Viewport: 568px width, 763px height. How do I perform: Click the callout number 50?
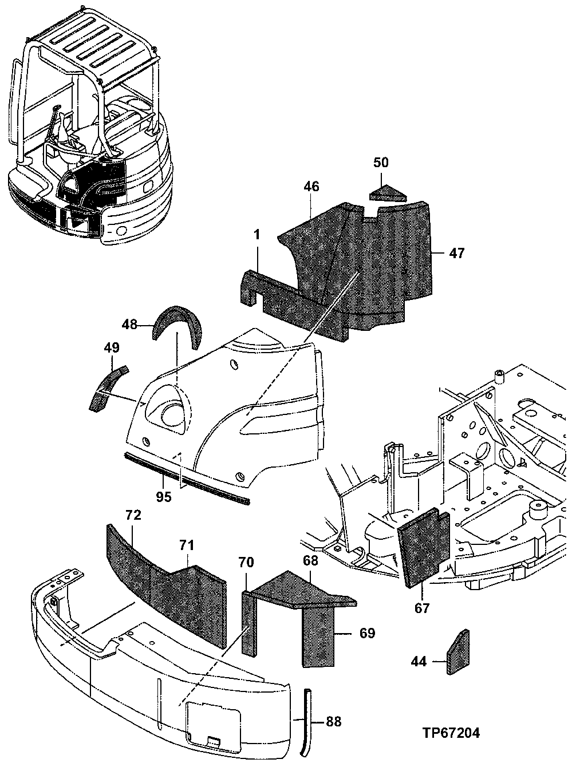click(x=381, y=163)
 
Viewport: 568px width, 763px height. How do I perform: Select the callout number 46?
click(x=312, y=187)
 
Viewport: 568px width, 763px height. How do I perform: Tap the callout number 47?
click(x=457, y=253)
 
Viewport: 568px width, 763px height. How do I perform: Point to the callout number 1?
click(x=257, y=235)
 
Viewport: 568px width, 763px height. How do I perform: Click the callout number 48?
click(x=130, y=325)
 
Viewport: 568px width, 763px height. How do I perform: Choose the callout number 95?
click(x=164, y=497)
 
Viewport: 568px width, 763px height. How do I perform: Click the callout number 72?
click(x=133, y=515)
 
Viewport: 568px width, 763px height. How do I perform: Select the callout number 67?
click(x=422, y=608)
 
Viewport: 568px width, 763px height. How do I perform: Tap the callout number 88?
click(x=333, y=721)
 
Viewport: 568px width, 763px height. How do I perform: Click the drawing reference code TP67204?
click(x=451, y=733)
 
